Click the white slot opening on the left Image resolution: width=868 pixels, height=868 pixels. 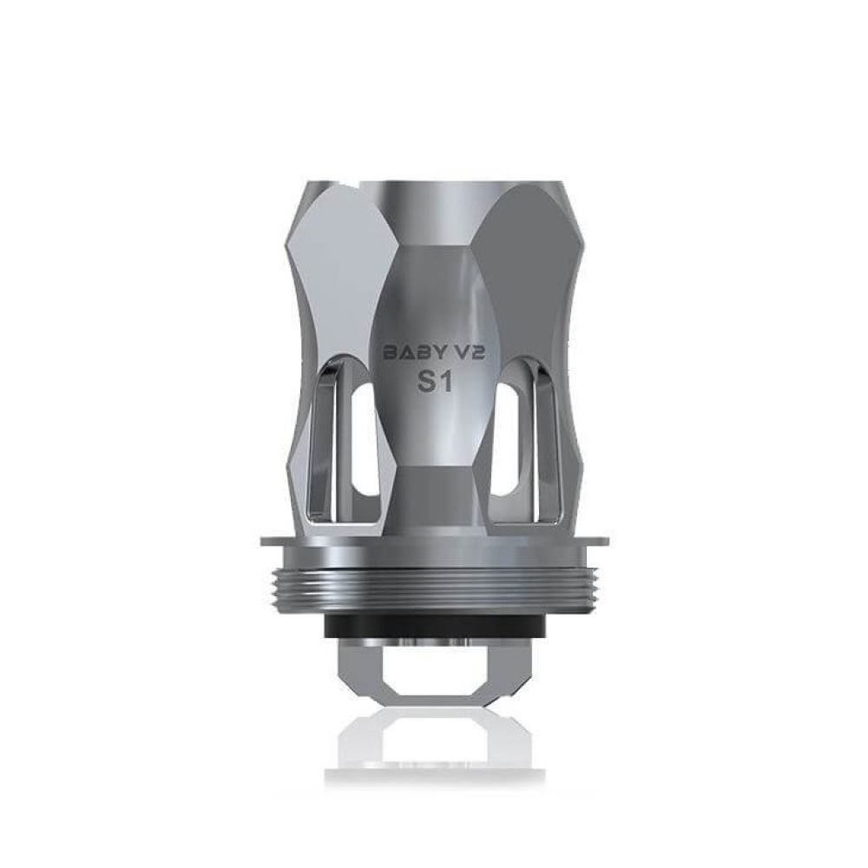(x=365, y=439)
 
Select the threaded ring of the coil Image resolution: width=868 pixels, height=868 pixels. (x=434, y=593)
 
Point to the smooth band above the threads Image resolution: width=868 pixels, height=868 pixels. (x=434, y=556)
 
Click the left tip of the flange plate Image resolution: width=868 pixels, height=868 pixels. (x=260, y=541)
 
